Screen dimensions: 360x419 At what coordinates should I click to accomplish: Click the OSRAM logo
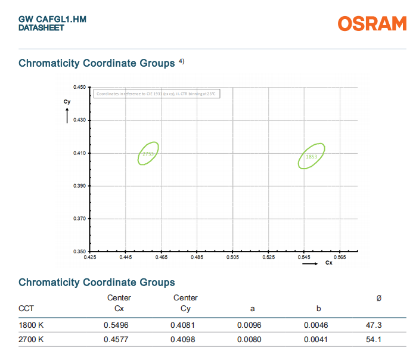[x=372, y=23]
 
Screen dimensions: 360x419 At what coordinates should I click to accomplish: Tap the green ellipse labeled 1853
[x=312, y=156]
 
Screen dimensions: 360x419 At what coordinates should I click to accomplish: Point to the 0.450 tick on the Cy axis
[x=79, y=87]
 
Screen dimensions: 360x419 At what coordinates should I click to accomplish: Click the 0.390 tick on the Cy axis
[x=79, y=186]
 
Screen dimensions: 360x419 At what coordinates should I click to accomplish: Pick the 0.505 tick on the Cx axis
[x=233, y=257]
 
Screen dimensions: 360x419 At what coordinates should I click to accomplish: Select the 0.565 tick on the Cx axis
[x=340, y=257]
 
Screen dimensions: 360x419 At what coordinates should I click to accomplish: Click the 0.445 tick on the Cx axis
[x=126, y=257]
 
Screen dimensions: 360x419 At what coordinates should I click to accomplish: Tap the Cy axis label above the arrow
[x=67, y=102]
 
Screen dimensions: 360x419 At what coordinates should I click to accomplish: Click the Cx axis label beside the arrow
[x=328, y=263]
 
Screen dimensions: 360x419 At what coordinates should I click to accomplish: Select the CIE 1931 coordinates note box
[x=157, y=94]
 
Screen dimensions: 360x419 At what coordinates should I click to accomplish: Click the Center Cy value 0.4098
[x=185, y=340]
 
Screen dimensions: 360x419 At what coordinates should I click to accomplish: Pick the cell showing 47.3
[x=374, y=325]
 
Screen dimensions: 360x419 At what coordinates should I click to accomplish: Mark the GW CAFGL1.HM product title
[x=52, y=20]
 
